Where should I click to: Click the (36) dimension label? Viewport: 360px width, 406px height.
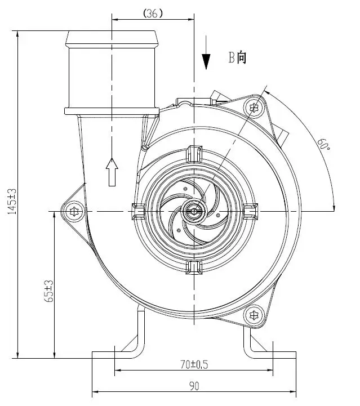tap(153, 13)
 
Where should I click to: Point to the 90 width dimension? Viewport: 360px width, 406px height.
tap(194, 386)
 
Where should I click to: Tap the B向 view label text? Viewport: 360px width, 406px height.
tap(237, 57)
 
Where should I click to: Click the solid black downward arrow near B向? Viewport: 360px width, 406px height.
tap(206, 59)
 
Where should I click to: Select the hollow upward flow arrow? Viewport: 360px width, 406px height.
tap(112, 171)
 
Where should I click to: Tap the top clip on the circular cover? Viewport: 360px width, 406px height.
tap(194, 152)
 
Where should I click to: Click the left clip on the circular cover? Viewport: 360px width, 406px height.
tap(137, 211)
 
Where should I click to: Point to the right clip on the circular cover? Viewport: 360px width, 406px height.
tap(251, 211)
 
